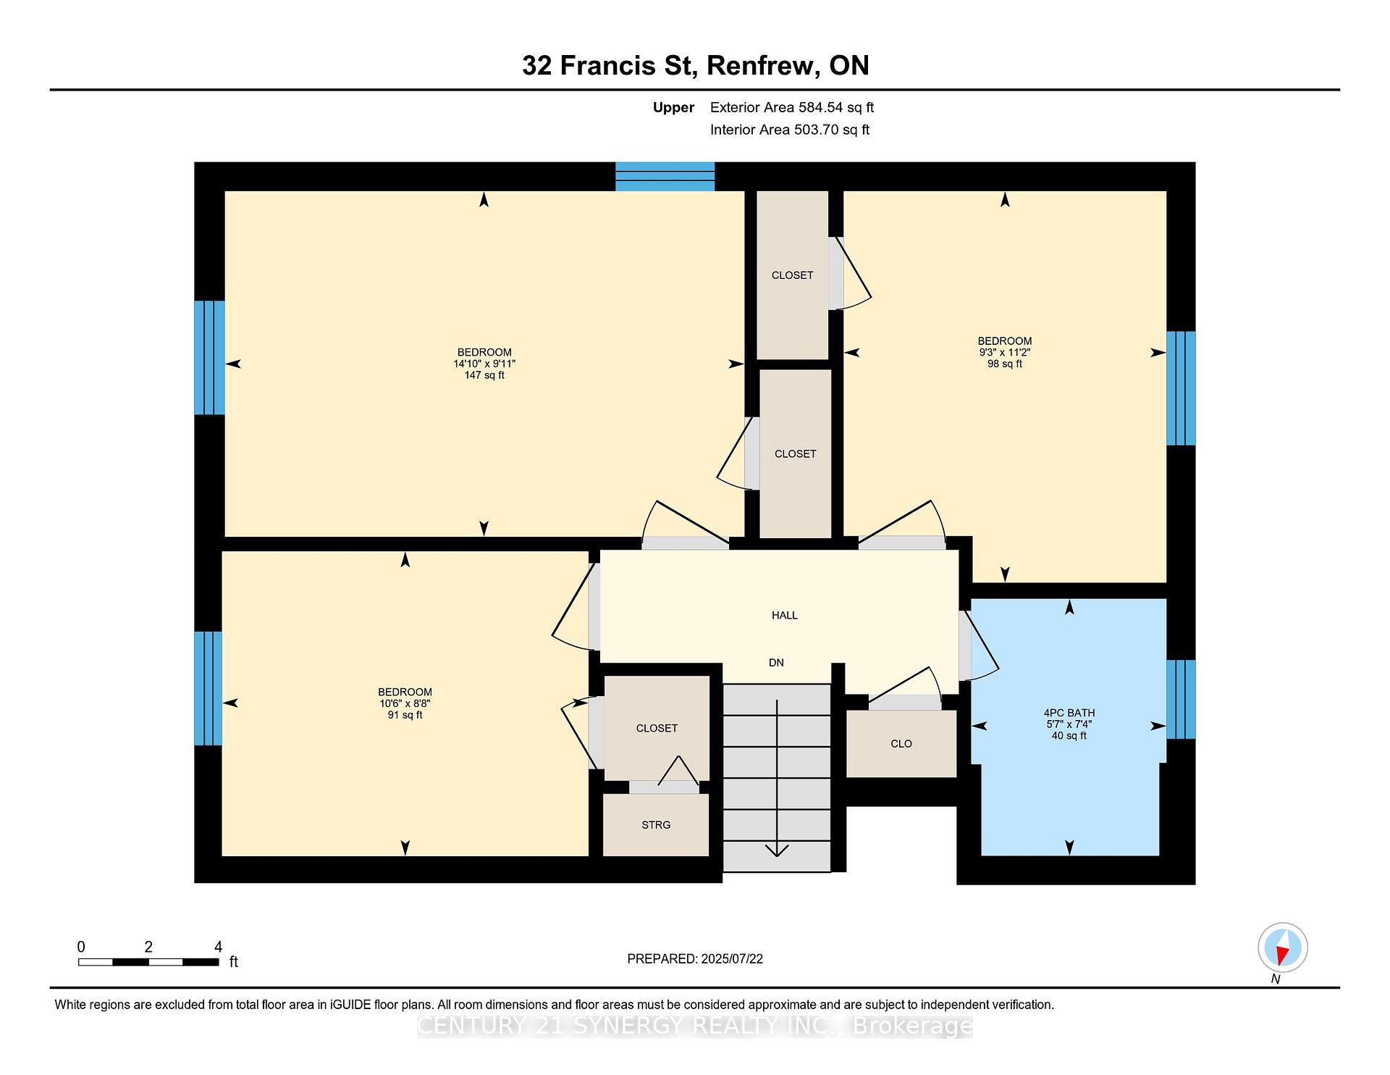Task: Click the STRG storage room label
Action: [656, 825]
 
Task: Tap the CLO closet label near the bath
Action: [901, 744]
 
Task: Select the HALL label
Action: [785, 616]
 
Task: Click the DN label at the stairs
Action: [776, 663]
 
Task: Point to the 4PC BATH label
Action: [1069, 713]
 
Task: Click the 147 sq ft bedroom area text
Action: [484, 375]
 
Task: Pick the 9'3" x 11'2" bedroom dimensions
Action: [1005, 353]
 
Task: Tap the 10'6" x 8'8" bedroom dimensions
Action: [405, 703]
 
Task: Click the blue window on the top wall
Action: [665, 176]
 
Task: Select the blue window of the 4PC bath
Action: [1181, 699]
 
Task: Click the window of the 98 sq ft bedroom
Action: [1181, 388]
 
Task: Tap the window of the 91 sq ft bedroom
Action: [208, 688]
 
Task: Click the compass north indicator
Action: [1283, 948]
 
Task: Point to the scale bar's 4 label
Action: [218, 947]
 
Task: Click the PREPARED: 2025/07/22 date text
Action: [695, 959]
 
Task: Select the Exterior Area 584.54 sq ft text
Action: [792, 108]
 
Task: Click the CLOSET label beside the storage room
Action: [657, 729]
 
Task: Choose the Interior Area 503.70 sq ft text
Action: [790, 130]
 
